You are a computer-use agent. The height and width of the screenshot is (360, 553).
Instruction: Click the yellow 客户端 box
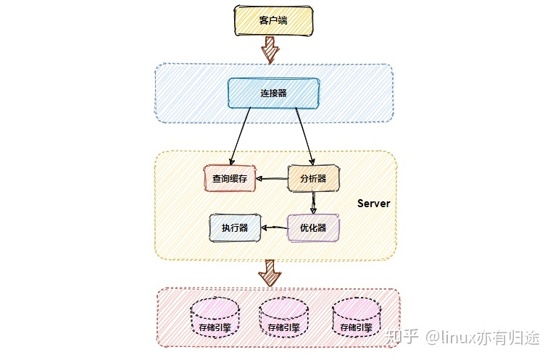[273, 21]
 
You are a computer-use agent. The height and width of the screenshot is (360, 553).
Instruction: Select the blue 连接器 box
[273, 93]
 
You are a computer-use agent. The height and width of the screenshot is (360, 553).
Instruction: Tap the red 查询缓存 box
[230, 178]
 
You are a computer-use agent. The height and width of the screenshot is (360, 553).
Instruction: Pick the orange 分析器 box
[313, 178]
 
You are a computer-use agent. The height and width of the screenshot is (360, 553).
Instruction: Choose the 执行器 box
[235, 228]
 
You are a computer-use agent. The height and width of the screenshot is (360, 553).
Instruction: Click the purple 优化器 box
[313, 228]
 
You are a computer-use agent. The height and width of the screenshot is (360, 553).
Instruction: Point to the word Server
[373, 204]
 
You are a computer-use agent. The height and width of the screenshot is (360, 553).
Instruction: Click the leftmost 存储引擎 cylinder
[215, 320]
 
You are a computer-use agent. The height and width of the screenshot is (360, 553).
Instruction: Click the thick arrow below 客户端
[271, 49]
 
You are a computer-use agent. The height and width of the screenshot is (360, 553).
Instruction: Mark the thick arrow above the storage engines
[271, 273]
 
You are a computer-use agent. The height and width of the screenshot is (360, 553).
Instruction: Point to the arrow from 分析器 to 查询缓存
[273, 178]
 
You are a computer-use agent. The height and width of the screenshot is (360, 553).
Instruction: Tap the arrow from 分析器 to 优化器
[313, 202]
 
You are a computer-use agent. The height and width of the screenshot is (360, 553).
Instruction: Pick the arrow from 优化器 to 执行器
[274, 228]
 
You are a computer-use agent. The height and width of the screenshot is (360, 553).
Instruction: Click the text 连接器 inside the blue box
[273, 93]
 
